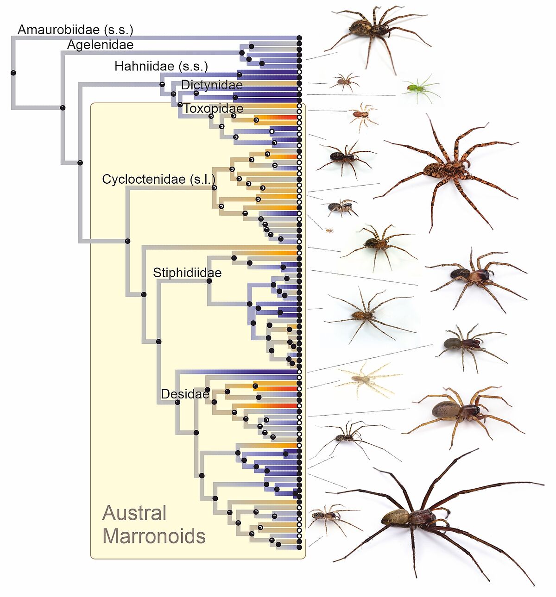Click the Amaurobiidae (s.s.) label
(x=75, y=30)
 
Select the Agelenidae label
(x=100, y=45)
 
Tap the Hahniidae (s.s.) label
(x=161, y=67)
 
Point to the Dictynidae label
(x=212, y=85)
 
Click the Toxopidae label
(x=213, y=109)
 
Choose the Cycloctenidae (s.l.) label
(x=158, y=180)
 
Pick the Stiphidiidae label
(x=187, y=273)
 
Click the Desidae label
(x=185, y=394)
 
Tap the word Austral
(x=134, y=513)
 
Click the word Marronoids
(x=154, y=536)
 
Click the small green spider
(x=421, y=88)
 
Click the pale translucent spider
(x=368, y=379)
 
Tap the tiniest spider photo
(x=329, y=230)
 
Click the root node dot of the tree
(x=13, y=73)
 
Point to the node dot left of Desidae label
(x=177, y=402)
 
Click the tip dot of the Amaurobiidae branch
(x=299, y=38)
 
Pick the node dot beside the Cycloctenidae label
(x=214, y=187)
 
